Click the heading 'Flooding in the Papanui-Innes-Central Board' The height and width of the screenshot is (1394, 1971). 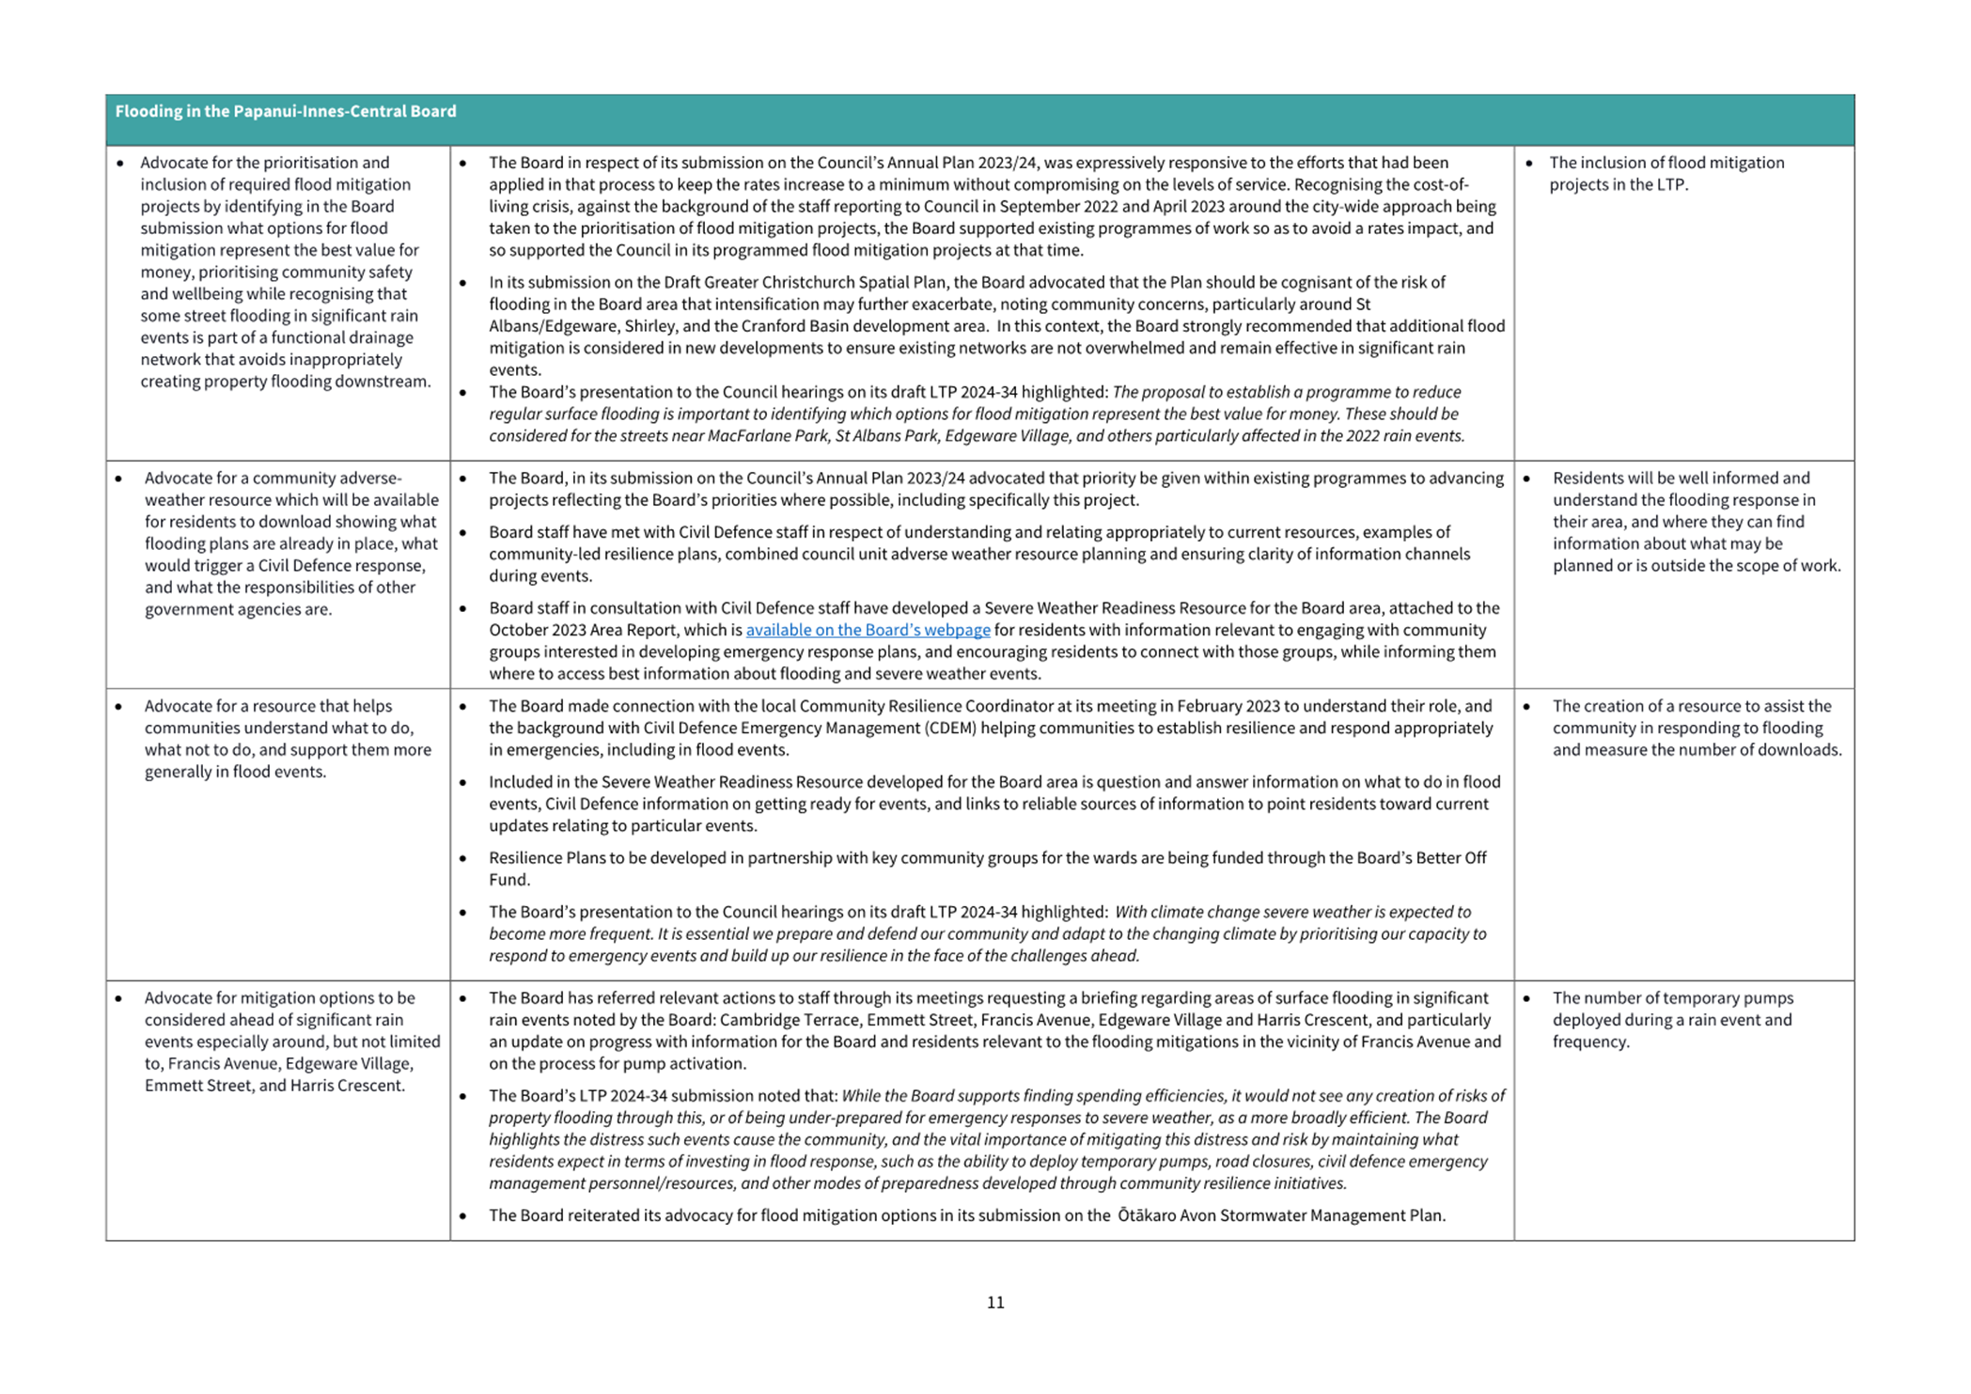(x=286, y=112)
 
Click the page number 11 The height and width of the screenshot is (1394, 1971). (x=995, y=1302)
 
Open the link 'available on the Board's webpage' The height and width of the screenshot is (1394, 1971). (x=868, y=630)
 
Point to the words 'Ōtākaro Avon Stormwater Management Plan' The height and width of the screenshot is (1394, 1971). (x=1280, y=1215)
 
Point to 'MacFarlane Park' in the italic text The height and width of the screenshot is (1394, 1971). (x=763, y=435)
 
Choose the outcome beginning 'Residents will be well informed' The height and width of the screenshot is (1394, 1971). (x=1681, y=478)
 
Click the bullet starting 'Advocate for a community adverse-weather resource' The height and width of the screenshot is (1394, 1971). (x=273, y=478)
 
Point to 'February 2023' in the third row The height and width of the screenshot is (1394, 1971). (x=1228, y=706)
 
